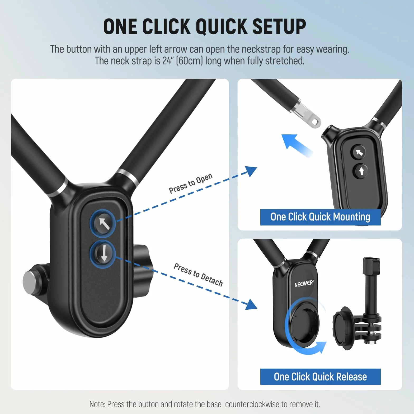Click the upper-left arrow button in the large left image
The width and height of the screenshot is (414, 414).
(x=103, y=223)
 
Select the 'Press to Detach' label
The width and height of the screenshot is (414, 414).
(x=198, y=274)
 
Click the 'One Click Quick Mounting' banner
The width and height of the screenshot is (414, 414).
(x=320, y=217)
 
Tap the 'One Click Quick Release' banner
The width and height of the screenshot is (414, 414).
(x=320, y=377)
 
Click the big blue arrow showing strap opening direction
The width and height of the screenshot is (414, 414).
(x=297, y=145)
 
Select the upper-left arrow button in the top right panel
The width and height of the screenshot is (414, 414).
(x=358, y=152)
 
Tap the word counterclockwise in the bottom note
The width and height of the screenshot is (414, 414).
(x=252, y=404)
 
